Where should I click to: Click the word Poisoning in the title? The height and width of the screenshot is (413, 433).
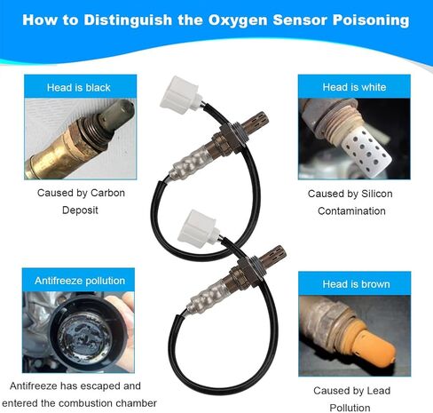tap(371, 20)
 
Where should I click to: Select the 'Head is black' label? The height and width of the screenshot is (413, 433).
tap(79, 88)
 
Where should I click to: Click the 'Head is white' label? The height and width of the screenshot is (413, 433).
tap(354, 87)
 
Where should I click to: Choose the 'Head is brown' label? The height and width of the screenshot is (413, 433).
tap(356, 284)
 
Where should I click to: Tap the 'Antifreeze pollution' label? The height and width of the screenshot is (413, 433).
tap(80, 281)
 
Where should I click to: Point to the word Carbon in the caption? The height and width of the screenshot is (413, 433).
tap(107, 193)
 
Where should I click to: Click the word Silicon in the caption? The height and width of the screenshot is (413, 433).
tap(377, 194)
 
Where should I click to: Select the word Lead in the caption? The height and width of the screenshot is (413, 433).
tap(379, 391)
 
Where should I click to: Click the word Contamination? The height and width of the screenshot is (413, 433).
tap(351, 211)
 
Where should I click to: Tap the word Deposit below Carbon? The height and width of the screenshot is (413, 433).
tap(80, 210)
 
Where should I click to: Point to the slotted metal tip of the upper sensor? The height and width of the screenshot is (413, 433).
tap(256, 121)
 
